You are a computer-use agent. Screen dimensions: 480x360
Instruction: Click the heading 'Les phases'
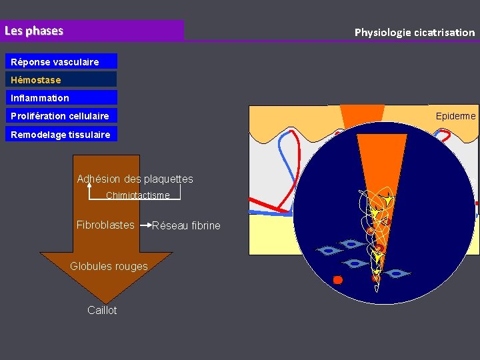(34, 31)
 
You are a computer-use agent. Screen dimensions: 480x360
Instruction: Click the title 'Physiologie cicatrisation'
(414, 32)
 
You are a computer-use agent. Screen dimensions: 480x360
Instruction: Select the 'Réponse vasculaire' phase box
(63, 62)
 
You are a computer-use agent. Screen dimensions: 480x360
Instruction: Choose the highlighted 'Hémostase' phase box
(63, 80)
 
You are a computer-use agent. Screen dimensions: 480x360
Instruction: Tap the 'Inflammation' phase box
(63, 98)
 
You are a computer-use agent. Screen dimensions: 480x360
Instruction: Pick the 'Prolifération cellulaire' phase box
(63, 116)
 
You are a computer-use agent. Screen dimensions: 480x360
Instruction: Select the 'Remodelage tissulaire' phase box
(63, 134)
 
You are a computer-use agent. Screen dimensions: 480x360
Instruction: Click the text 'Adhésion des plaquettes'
(135, 179)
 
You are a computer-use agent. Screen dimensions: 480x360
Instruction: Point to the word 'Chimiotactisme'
(138, 195)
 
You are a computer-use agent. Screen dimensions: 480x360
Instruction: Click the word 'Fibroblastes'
(105, 225)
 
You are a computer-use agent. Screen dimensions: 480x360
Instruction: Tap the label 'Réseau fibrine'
(186, 225)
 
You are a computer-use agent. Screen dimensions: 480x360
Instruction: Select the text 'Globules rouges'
(109, 267)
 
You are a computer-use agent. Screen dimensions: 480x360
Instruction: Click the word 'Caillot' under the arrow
(102, 310)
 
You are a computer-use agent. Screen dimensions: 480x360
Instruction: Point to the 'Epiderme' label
(455, 116)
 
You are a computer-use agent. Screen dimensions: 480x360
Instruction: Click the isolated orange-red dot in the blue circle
(337, 279)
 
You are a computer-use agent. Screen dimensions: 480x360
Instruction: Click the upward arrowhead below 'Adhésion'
(90, 187)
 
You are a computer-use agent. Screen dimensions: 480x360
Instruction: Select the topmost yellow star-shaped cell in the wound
(386, 199)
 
